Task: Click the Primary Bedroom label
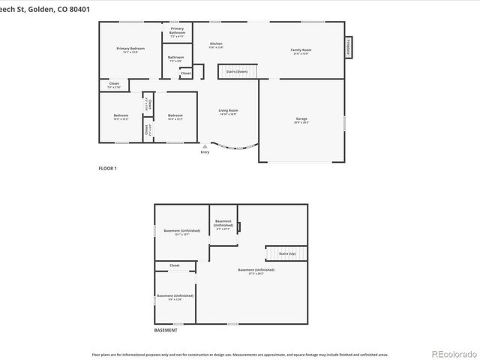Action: pyautogui.click(x=130, y=49)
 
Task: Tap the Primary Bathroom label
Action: pyautogui.click(x=177, y=31)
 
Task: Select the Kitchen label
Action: pyautogui.click(x=216, y=45)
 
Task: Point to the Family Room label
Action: pyautogui.click(x=301, y=51)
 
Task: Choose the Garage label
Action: pyautogui.click(x=301, y=119)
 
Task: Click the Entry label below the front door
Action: pyautogui.click(x=205, y=152)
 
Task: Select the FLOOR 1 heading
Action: pyautogui.click(x=108, y=168)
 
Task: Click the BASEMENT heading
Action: pyautogui.click(x=166, y=330)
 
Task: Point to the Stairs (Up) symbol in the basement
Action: pyautogui.click(x=286, y=254)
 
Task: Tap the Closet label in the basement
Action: pyautogui.click(x=174, y=265)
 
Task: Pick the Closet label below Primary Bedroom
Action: pyautogui.click(x=114, y=85)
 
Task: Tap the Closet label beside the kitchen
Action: pyautogui.click(x=185, y=73)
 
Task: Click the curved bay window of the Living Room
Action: pyautogui.click(x=235, y=145)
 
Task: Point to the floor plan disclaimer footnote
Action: pyautogui.click(x=240, y=353)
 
